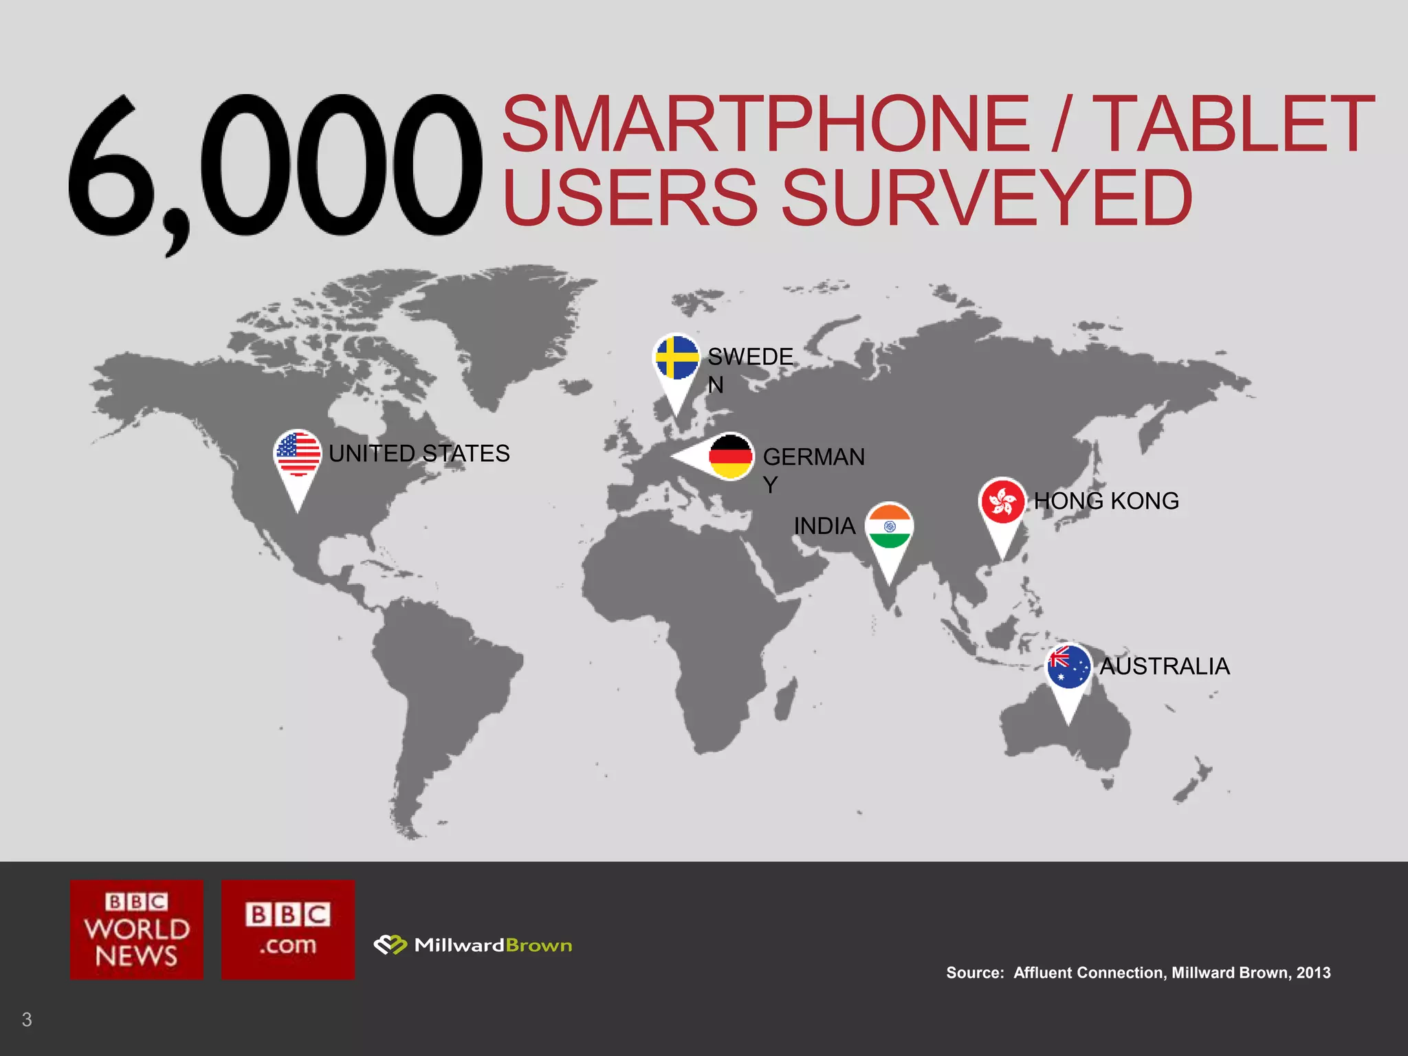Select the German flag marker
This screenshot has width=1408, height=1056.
[x=729, y=456]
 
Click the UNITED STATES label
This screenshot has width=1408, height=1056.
[x=419, y=454]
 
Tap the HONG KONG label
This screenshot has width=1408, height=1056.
[x=1106, y=501]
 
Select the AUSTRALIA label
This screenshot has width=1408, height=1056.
[x=1165, y=666]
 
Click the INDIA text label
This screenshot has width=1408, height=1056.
[x=824, y=527]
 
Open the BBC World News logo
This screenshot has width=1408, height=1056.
[x=137, y=929]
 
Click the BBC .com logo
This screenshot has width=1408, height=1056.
[x=288, y=929]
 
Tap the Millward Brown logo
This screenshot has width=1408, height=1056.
[x=473, y=945]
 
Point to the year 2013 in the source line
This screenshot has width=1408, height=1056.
[x=1313, y=973]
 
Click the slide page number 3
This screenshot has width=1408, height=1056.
[x=27, y=1020]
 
